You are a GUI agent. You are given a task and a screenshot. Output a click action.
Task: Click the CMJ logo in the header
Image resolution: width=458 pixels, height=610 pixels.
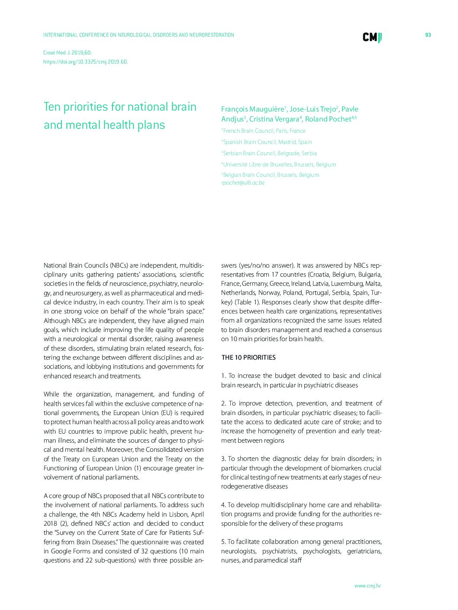coord(372,38)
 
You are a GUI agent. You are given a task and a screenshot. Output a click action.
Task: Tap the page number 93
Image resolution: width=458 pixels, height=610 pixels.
coord(428,35)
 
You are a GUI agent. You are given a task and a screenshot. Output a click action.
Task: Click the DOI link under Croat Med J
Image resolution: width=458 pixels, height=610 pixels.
coord(85,62)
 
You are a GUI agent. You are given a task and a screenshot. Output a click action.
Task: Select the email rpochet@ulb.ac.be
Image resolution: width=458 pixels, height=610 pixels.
coord(243,183)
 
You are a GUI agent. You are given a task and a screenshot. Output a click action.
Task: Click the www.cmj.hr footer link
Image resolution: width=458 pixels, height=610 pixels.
coord(368,586)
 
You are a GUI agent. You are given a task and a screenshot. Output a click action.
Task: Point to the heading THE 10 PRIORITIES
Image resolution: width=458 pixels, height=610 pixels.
coord(248,358)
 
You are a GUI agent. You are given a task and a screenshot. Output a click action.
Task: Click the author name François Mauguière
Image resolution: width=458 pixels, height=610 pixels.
coord(252,109)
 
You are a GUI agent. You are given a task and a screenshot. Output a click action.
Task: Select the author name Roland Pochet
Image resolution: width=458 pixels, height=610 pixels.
coord(328,119)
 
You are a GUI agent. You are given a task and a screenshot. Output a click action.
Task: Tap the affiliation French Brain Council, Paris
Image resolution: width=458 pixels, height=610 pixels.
coord(264,131)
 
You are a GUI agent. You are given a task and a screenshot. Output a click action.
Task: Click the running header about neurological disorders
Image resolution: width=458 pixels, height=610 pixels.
coord(139,35)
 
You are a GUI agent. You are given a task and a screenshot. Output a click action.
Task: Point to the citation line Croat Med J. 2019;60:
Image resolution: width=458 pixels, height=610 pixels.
coord(68,53)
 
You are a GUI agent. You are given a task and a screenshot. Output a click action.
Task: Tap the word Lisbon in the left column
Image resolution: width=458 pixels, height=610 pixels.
coord(180,514)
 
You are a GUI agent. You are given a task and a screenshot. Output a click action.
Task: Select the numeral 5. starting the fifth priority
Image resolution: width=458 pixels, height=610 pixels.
coord(223,542)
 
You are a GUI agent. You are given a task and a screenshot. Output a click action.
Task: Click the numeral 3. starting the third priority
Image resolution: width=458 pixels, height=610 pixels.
coord(223,459)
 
